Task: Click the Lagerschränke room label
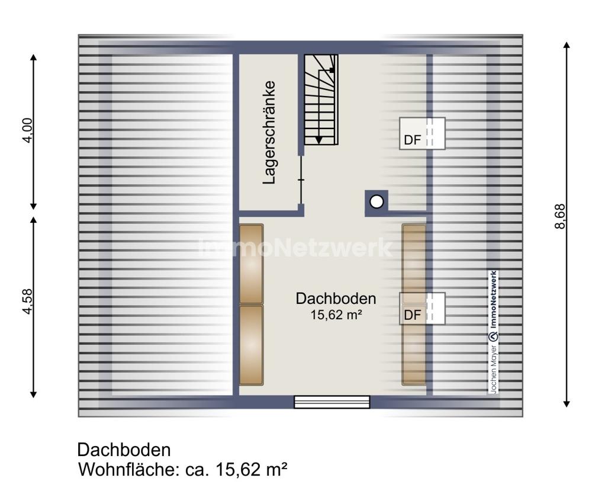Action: coord(269,132)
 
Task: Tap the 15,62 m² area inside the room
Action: coord(336,315)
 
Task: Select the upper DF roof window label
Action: coord(412,140)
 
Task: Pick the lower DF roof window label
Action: coord(412,315)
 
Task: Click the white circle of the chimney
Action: coord(377,202)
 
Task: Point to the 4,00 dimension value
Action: coord(28,130)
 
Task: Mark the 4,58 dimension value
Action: coord(28,301)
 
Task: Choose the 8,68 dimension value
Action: coord(560,216)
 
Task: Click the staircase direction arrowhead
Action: coord(318,140)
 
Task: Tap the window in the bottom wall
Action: coord(332,402)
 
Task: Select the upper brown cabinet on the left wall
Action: coord(251,264)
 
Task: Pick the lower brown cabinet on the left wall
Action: coord(251,345)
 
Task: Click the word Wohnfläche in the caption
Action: coord(127,470)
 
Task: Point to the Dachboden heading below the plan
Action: coord(124,450)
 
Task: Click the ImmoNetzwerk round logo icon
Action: coord(494,336)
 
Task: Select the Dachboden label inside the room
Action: coord(336,299)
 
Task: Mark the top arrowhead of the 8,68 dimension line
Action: coord(566,45)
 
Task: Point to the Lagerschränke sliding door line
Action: coord(301,180)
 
